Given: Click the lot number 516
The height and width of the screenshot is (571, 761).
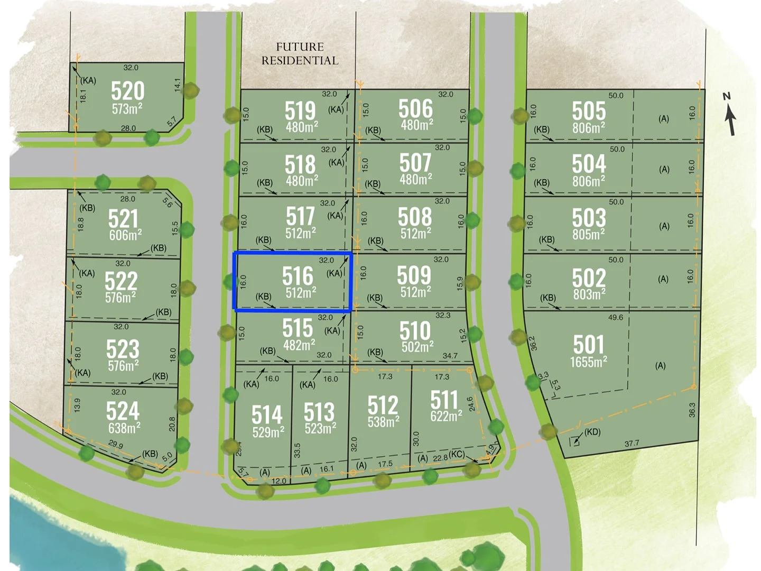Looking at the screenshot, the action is point(298,277).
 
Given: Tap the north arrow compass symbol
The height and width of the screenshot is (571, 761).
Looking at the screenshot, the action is point(730,114).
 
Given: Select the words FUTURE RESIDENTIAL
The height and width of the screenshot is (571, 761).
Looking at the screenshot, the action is point(300,54).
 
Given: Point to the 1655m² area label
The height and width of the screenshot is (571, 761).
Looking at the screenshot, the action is point(588,362).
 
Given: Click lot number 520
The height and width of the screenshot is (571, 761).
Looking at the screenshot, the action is point(127,91).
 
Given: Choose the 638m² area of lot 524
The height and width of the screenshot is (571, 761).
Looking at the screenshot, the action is point(124,428).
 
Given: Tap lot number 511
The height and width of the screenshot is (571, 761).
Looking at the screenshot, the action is point(444,400).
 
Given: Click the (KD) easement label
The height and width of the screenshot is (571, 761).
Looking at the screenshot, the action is point(592,432).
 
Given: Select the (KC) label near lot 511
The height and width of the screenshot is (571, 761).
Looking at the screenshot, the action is point(457,455).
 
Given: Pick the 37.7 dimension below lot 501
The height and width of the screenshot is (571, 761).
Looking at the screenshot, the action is point(632,444).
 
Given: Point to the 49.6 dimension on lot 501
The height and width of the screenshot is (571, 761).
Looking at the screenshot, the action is point(616,318).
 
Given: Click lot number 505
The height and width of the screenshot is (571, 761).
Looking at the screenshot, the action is point(589,111).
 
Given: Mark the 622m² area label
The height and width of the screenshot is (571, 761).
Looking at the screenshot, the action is point(446,417).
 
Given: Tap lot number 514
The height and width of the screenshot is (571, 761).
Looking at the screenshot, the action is point(267,415).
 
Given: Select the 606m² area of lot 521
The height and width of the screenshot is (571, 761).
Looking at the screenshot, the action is point(125,235).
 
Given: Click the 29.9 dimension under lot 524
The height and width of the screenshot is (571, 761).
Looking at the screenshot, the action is point(116,445).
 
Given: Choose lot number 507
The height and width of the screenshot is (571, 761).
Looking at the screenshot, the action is point(415,163).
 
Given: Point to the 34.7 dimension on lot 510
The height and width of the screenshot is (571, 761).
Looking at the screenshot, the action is point(450,356).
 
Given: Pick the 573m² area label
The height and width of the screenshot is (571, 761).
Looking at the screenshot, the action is point(127,108).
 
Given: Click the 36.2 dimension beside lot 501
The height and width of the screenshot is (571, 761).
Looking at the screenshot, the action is point(533,343).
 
